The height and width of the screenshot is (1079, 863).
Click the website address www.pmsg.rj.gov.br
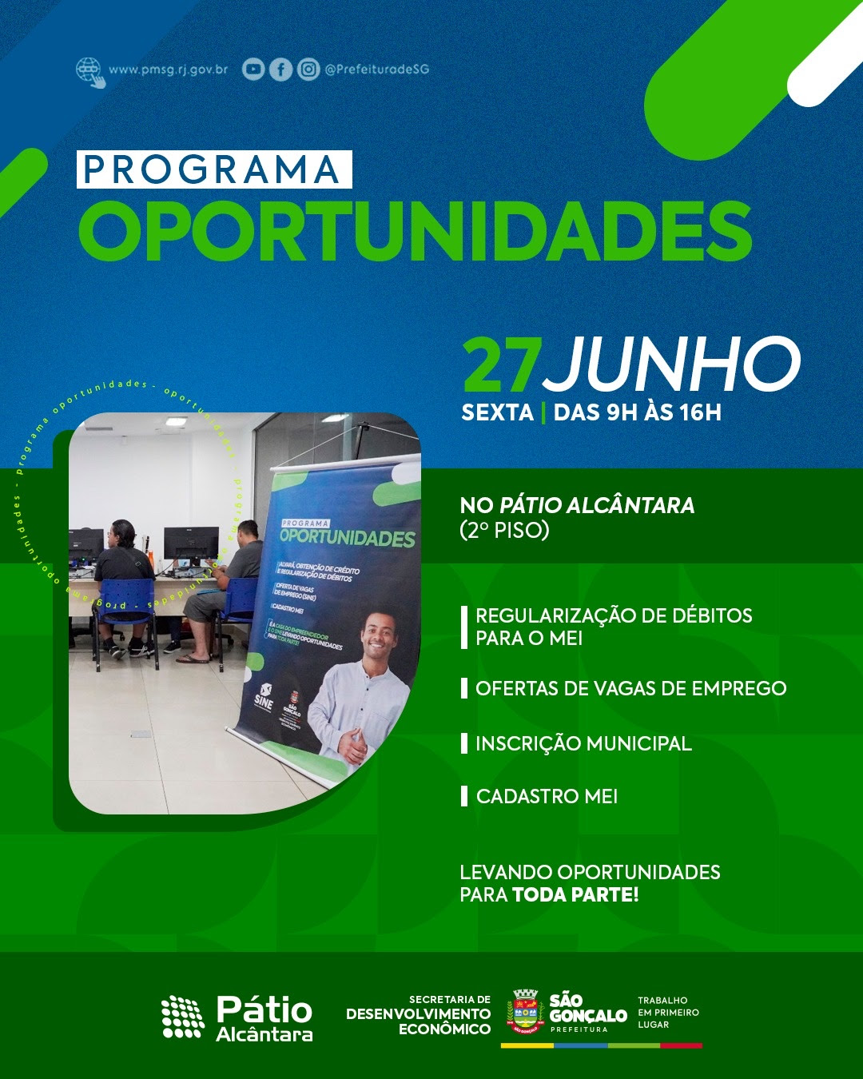tap(168, 70)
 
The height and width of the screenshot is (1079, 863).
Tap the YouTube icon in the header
tap(253, 70)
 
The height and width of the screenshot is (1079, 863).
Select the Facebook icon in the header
tap(280, 70)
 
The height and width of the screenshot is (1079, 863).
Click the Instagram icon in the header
tap(308, 70)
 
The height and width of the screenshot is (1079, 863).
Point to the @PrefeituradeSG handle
tap(376, 70)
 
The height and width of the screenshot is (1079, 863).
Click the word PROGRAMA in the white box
tap(213, 169)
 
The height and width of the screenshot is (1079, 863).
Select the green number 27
tap(502, 365)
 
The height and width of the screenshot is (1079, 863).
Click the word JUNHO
tap(673, 365)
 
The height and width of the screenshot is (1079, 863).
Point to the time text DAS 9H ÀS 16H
tap(637, 412)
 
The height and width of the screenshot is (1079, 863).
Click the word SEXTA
tap(497, 412)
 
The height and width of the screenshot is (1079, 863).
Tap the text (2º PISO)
tap(504, 530)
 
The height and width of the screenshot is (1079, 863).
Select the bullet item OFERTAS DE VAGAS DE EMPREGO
tap(630, 688)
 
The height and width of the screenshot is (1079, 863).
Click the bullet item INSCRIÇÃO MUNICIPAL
tap(583, 743)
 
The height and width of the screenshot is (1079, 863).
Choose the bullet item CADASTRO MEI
tap(547, 796)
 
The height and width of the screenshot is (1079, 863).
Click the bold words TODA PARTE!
tap(575, 894)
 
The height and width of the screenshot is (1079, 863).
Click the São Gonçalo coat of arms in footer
tap(524, 1012)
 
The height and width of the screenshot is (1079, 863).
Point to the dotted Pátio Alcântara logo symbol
tap(183, 1017)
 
